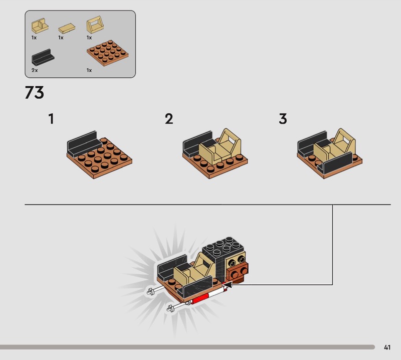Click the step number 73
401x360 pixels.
35,92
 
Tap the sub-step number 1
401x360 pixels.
52,119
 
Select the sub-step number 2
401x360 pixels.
169,119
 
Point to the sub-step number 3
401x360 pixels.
283,119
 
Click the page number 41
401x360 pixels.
387,347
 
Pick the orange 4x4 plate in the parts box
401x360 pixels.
108,53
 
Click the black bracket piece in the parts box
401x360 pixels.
43,57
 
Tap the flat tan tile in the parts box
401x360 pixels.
67,28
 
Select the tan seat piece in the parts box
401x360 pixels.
40,26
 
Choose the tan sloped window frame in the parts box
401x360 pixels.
95,25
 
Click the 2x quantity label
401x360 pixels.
35,70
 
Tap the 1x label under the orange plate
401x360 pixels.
89,70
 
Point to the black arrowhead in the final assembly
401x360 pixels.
228,284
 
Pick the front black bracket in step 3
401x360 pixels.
335,163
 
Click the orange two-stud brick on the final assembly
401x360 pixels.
238,272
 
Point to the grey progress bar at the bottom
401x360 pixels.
187,347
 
